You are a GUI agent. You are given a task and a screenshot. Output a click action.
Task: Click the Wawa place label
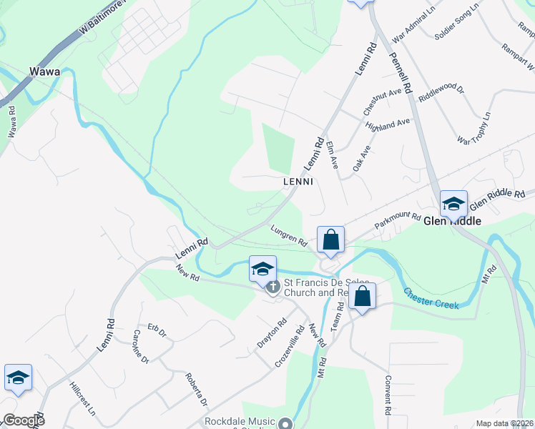[x=44, y=71]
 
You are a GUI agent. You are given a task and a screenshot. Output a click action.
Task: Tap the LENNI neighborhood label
[x=298, y=182]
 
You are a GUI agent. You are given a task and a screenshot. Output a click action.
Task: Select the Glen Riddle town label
[x=452, y=222]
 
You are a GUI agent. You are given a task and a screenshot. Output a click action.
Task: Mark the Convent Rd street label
[x=387, y=395]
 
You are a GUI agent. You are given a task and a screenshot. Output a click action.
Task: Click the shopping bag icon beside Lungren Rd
[x=330, y=240]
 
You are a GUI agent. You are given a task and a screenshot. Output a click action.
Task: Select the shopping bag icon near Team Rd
[x=363, y=296]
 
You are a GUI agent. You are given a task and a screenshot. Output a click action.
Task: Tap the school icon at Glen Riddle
[x=453, y=204]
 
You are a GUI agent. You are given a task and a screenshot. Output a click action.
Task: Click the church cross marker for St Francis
[x=273, y=288]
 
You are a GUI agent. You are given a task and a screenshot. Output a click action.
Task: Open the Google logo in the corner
[x=24, y=420]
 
